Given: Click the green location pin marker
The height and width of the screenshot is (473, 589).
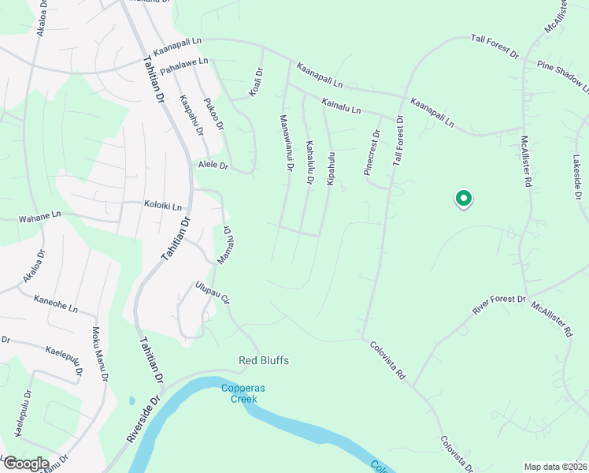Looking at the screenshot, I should coord(464,199).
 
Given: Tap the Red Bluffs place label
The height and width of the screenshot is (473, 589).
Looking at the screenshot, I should coord(264,361).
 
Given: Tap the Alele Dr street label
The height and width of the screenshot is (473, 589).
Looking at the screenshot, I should coord(212,166).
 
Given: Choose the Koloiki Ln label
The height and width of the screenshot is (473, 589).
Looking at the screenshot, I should coord(163,206).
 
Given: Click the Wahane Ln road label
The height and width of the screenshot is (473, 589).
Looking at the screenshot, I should coord(40,214).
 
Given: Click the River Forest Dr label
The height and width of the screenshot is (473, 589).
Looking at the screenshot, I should coord(498,304).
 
